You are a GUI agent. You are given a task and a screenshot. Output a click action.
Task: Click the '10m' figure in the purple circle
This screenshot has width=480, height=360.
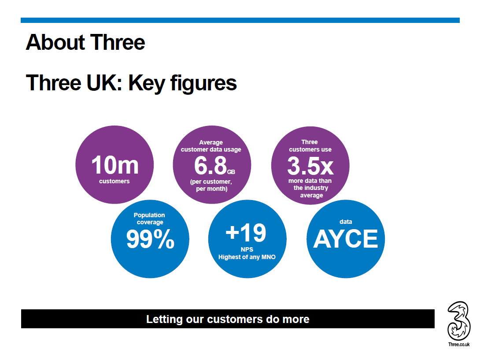click(x=114, y=166)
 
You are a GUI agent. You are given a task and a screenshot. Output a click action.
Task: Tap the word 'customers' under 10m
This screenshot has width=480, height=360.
click(x=114, y=181)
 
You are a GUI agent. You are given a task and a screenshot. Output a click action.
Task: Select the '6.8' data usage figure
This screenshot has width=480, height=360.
click(x=210, y=166)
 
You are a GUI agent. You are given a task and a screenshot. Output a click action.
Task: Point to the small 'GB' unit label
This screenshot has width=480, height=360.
click(x=232, y=171)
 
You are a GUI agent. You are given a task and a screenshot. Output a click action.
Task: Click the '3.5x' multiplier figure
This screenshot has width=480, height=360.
click(x=310, y=166)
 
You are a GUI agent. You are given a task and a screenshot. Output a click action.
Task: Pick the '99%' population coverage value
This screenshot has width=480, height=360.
click(x=150, y=239)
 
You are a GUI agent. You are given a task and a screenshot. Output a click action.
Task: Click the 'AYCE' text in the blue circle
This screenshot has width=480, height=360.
click(x=345, y=239)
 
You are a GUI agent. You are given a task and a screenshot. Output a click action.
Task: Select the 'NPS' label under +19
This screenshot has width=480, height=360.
click(x=247, y=249)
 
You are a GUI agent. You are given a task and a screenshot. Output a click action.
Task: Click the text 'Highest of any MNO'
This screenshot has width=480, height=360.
click(x=247, y=257)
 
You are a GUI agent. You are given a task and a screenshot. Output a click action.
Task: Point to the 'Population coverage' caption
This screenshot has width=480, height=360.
click(x=150, y=219)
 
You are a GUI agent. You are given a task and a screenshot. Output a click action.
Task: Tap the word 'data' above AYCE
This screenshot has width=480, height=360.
click(x=346, y=222)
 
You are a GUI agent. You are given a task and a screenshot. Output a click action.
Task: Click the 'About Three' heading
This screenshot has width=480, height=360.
click(x=85, y=42)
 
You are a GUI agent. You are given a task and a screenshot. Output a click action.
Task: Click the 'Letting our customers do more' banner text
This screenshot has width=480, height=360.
click(x=228, y=319)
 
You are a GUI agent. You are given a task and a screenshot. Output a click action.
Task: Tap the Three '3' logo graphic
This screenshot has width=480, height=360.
click(x=458, y=320)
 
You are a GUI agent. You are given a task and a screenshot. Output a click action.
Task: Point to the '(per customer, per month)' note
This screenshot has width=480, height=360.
click(x=211, y=185)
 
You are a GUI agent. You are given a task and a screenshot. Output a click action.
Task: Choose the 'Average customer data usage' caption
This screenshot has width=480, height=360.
click(x=211, y=146)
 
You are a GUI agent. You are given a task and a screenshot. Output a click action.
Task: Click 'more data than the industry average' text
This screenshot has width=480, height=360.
click(x=310, y=188)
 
